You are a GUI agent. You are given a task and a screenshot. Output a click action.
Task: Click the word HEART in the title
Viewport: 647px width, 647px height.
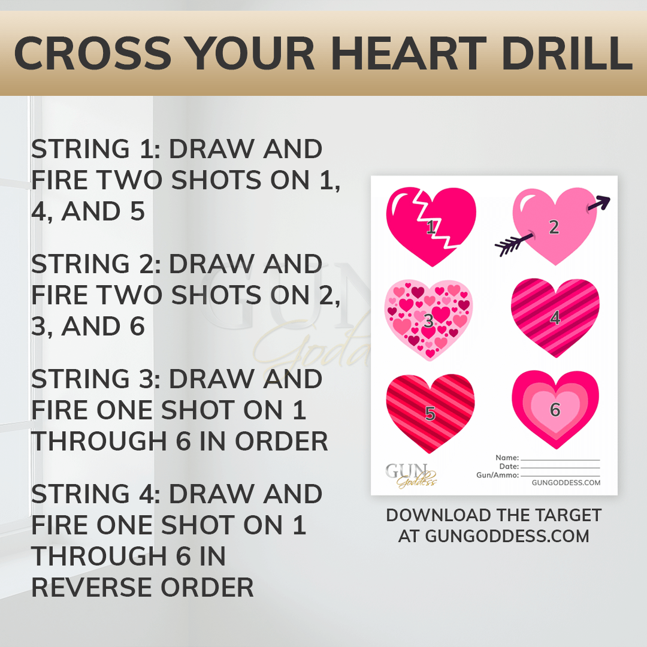pos(409,53)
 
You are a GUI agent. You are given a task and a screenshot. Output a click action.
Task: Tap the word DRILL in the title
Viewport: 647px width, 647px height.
pos(567,53)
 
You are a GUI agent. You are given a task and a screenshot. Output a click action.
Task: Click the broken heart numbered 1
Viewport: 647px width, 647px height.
pos(431,226)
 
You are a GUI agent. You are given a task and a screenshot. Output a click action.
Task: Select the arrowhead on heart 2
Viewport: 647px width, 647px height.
pos(600,202)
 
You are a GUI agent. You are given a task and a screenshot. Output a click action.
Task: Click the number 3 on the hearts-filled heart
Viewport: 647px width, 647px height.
pos(429,321)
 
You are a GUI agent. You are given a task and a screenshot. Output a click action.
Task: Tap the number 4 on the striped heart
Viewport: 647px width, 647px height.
pos(555,318)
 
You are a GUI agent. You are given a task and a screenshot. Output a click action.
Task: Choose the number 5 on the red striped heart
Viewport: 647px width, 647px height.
pos(430,413)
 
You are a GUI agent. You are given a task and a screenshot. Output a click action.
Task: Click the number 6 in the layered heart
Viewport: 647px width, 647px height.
pos(555,410)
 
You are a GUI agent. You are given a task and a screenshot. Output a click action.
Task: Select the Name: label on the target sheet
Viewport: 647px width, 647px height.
pos(507,458)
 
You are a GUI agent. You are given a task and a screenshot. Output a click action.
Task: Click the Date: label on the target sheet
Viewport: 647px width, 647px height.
pos(509,467)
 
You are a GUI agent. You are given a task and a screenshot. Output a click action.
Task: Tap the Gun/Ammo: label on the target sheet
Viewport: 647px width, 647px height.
pos(498,475)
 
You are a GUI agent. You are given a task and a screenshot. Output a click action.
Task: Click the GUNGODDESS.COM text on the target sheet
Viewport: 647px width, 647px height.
pos(566,483)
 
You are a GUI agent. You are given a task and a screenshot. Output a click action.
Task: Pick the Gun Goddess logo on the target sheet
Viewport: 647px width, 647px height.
pos(411,475)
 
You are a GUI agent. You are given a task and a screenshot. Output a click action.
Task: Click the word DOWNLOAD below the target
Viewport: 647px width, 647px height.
pos(437,515)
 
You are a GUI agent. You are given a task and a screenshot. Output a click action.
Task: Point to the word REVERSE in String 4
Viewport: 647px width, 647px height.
pos(93,588)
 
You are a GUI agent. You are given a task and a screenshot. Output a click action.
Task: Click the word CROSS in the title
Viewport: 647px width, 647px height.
pos(92,53)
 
